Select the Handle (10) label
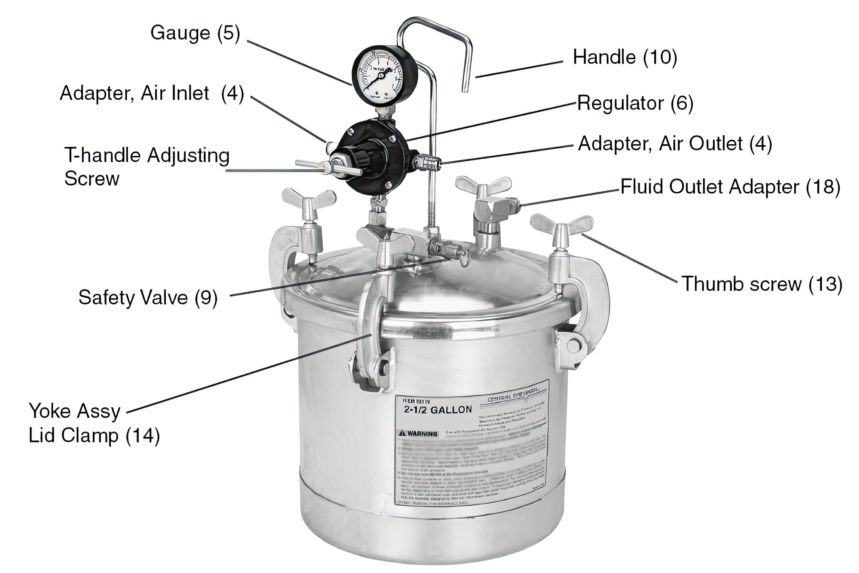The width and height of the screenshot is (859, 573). click(x=624, y=57)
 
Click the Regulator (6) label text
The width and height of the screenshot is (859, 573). click(x=635, y=103)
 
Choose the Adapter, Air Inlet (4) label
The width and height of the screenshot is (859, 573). click(x=152, y=93)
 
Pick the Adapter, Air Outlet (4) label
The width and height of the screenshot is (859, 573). click(x=674, y=144)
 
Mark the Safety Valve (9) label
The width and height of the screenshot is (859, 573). click(x=148, y=297)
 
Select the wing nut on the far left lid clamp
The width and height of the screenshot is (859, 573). click(x=309, y=199)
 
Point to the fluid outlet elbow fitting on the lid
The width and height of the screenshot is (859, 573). click(x=493, y=208)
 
